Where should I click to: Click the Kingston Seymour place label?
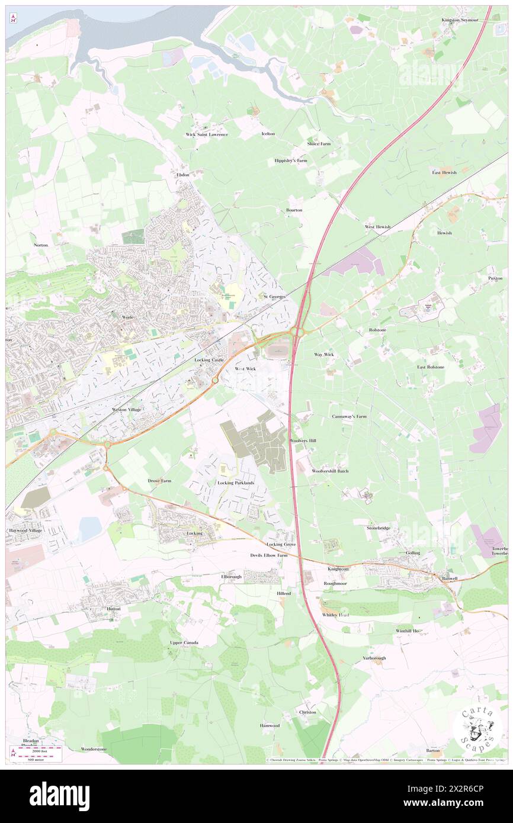coord(459,20)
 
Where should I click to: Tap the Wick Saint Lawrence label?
coord(206,134)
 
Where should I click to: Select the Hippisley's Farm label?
coord(290,160)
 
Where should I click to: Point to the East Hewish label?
coord(444,172)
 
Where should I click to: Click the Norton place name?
coord(41,245)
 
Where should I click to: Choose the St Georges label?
coord(274,296)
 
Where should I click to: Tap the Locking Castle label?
coord(209,360)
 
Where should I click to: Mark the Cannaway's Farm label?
coord(349,416)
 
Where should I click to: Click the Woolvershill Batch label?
coord(330,471)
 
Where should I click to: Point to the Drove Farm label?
coord(159,481)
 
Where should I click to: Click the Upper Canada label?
coord(184,643)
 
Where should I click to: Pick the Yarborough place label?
coord(374,658)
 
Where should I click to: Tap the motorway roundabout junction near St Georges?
coord(298,332)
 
